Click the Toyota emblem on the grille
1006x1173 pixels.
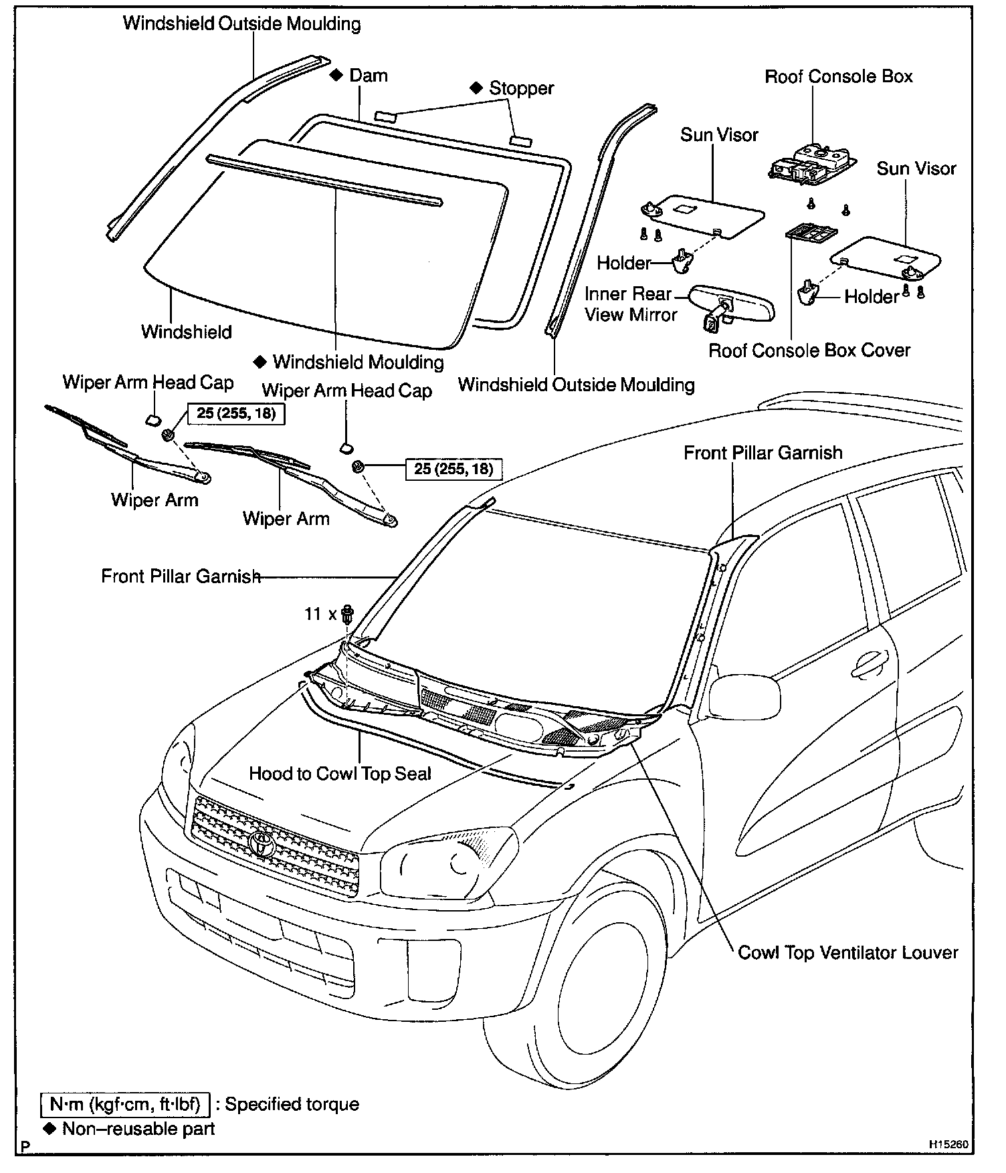click(x=262, y=844)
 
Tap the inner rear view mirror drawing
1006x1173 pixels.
click(x=732, y=304)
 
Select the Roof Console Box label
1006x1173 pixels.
click(x=838, y=76)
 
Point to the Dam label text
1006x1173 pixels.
click(x=368, y=75)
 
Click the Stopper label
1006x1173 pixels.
click(x=521, y=88)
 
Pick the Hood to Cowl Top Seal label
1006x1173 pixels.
click(x=340, y=774)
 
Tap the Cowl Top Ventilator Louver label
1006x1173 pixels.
click(x=847, y=952)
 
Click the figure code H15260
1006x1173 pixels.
click(x=948, y=1145)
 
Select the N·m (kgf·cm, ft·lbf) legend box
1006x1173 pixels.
click(x=125, y=1103)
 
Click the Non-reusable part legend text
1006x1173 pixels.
click(x=138, y=1130)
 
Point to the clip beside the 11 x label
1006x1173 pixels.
click(x=347, y=613)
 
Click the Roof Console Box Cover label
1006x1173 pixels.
click(x=809, y=350)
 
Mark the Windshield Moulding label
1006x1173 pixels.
click(x=358, y=362)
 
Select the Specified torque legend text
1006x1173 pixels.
click(x=292, y=1103)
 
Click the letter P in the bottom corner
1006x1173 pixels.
click(x=25, y=1146)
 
